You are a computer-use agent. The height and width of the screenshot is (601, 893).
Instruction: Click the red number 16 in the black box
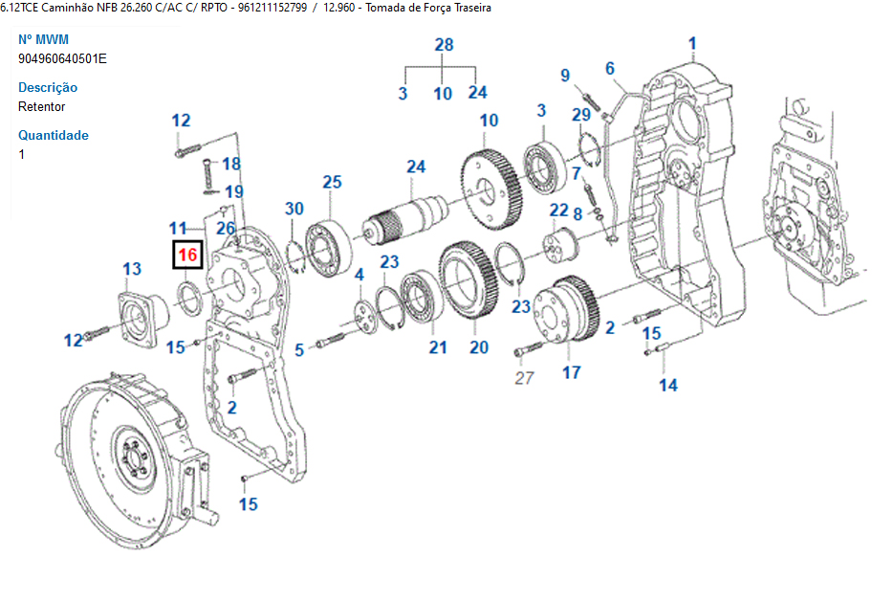click(187, 255)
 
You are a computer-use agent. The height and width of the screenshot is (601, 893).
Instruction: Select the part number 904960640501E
click(62, 58)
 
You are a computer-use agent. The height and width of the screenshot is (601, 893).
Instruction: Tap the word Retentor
click(42, 106)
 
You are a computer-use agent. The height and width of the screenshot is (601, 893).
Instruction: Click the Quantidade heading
click(54, 135)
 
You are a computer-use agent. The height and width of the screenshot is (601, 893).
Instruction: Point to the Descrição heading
click(48, 87)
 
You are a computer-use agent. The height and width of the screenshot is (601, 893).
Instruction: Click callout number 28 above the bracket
click(444, 45)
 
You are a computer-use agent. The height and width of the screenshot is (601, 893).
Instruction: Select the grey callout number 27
click(524, 378)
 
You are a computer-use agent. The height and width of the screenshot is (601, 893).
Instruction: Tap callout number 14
click(667, 385)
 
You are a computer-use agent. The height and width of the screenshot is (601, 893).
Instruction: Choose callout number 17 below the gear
click(571, 372)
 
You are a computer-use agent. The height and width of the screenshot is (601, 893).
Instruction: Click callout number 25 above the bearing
click(332, 182)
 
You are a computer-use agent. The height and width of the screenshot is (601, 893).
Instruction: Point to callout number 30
click(294, 209)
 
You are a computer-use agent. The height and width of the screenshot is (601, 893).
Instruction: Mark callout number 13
click(132, 269)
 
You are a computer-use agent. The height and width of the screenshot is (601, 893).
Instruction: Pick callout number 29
click(581, 116)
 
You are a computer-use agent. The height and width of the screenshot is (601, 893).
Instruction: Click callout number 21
click(438, 347)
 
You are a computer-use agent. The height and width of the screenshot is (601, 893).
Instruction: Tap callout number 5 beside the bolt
click(299, 351)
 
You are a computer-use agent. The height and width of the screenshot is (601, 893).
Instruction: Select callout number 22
click(559, 210)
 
